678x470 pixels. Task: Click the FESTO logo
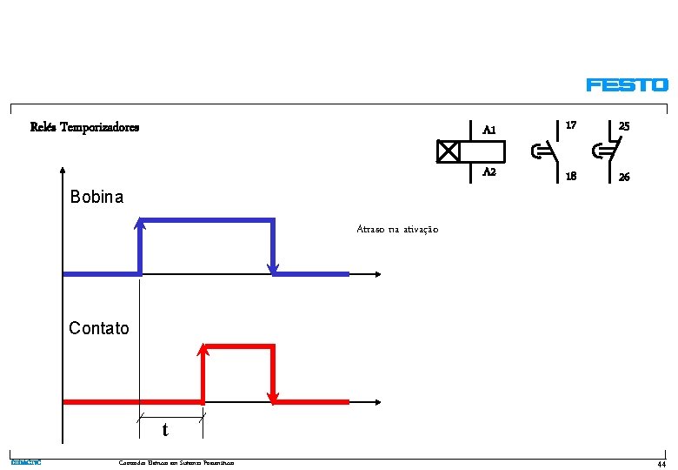[x=627, y=85]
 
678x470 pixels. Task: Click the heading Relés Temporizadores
[x=84, y=127]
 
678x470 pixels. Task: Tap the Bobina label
[x=96, y=198]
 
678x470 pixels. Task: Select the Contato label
[x=99, y=328]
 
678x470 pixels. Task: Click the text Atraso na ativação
[x=397, y=229]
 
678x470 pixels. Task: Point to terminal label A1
[x=489, y=131]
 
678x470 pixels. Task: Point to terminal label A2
[x=489, y=172]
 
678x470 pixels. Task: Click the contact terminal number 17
[x=571, y=126]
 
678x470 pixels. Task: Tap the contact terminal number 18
[x=571, y=177]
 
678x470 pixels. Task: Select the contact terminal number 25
[x=624, y=126]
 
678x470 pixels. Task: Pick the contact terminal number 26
[x=624, y=177]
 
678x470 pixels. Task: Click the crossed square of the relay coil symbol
[x=448, y=151]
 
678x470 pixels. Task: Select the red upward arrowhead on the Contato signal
[x=203, y=351]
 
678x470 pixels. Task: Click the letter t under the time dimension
[x=165, y=431]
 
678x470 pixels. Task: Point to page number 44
[x=661, y=464]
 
